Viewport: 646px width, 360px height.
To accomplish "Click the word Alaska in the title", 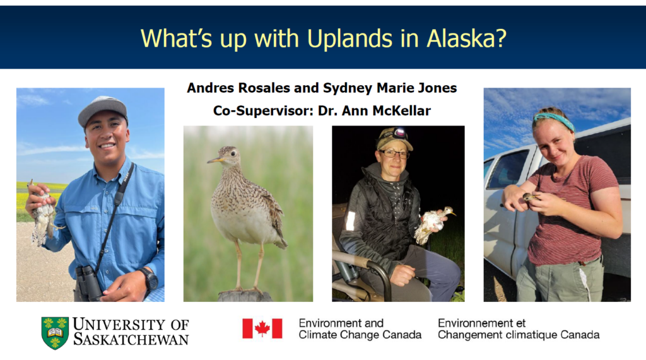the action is (x=466, y=38).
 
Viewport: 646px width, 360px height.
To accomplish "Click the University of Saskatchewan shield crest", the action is (x=55, y=333).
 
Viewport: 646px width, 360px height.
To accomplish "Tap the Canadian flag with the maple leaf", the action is (x=262, y=328).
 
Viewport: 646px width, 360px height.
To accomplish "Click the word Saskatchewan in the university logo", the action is (x=131, y=339).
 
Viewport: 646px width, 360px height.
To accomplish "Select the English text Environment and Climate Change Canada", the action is (x=360, y=328).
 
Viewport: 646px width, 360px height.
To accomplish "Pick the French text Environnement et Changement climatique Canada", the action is (x=519, y=328).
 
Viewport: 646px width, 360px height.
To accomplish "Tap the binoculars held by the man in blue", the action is (x=88, y=282).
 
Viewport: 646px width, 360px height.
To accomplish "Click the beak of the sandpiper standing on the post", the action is (x=214, y=160).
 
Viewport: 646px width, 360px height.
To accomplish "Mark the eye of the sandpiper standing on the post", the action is (x=233, y=154).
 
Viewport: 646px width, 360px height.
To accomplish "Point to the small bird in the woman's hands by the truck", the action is (x=531, y=197).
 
